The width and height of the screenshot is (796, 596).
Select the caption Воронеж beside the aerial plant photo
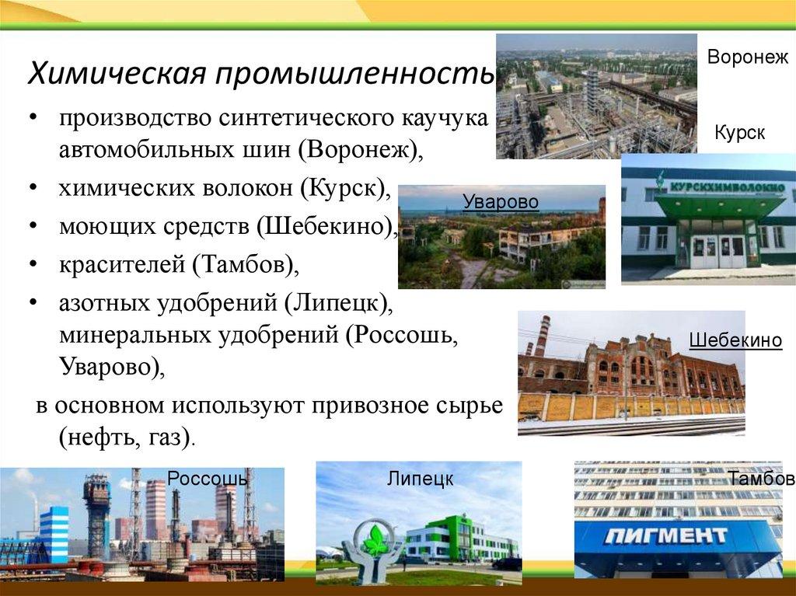tap(748, 57)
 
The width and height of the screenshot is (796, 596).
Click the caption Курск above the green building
tap(740, 133)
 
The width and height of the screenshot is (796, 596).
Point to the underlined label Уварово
tap(501, 202)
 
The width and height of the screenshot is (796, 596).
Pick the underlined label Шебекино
tap(735, 340)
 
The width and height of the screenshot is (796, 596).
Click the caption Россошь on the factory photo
tap(208, 478)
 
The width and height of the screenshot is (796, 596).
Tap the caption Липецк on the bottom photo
tap(420, 479)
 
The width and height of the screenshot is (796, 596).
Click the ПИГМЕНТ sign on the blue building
tap(665, 535)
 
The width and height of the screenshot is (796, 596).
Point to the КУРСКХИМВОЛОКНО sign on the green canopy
tap(728, 186)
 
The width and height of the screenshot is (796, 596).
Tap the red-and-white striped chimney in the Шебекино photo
tap(542, 337)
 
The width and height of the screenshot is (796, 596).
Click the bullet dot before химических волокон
tap(33, 187)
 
